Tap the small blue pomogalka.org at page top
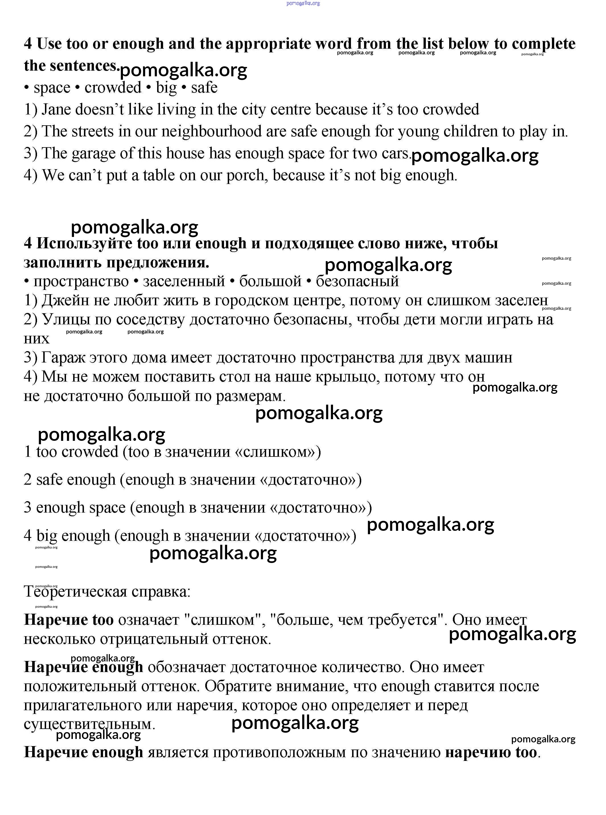(303, 3)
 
